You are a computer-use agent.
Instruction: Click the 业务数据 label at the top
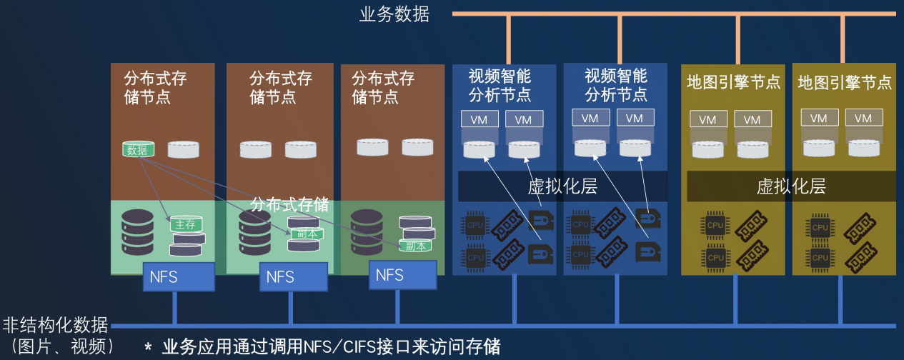394,14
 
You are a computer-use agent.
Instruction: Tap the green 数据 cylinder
137,149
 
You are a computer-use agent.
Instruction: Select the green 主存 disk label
185,224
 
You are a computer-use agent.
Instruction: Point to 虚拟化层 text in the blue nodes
562,186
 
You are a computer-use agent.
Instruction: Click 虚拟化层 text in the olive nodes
791,186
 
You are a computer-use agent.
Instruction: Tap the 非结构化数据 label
55,325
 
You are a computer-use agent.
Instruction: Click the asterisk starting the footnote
148,348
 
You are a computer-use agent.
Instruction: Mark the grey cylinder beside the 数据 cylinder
184,149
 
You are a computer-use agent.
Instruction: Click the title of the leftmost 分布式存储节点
155,87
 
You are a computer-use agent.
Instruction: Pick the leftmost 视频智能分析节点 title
500,85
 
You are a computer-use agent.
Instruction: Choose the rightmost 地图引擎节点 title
845,82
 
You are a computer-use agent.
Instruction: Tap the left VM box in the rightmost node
819,119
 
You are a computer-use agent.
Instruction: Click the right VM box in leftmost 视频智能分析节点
523,119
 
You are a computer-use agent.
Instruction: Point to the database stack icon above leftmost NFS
137,232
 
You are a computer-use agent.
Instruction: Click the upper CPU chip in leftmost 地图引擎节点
715,224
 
